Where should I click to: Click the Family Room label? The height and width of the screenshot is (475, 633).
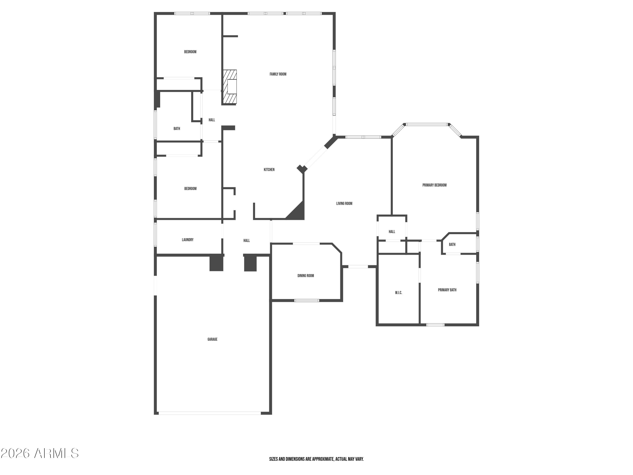point(278,74)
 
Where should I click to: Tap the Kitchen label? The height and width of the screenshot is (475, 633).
point(269,170)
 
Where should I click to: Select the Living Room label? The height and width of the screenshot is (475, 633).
point(344,204)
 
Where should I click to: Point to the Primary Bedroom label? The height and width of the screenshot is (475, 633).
point(434,185)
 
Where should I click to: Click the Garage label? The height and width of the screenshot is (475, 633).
point(212,339)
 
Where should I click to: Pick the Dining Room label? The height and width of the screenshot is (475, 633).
point(306,276)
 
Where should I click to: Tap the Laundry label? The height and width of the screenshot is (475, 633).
point(188,240)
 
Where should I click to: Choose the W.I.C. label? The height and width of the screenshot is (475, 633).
point(399,293)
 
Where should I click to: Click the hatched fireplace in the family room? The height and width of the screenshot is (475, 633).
point(230,87)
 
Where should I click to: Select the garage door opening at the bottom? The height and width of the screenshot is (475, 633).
point(210,413)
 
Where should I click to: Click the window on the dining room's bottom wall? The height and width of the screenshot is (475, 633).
point(307,300)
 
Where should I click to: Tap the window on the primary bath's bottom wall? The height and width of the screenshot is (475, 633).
point(435,325)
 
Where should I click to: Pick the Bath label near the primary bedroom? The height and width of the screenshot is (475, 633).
point(452,244)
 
